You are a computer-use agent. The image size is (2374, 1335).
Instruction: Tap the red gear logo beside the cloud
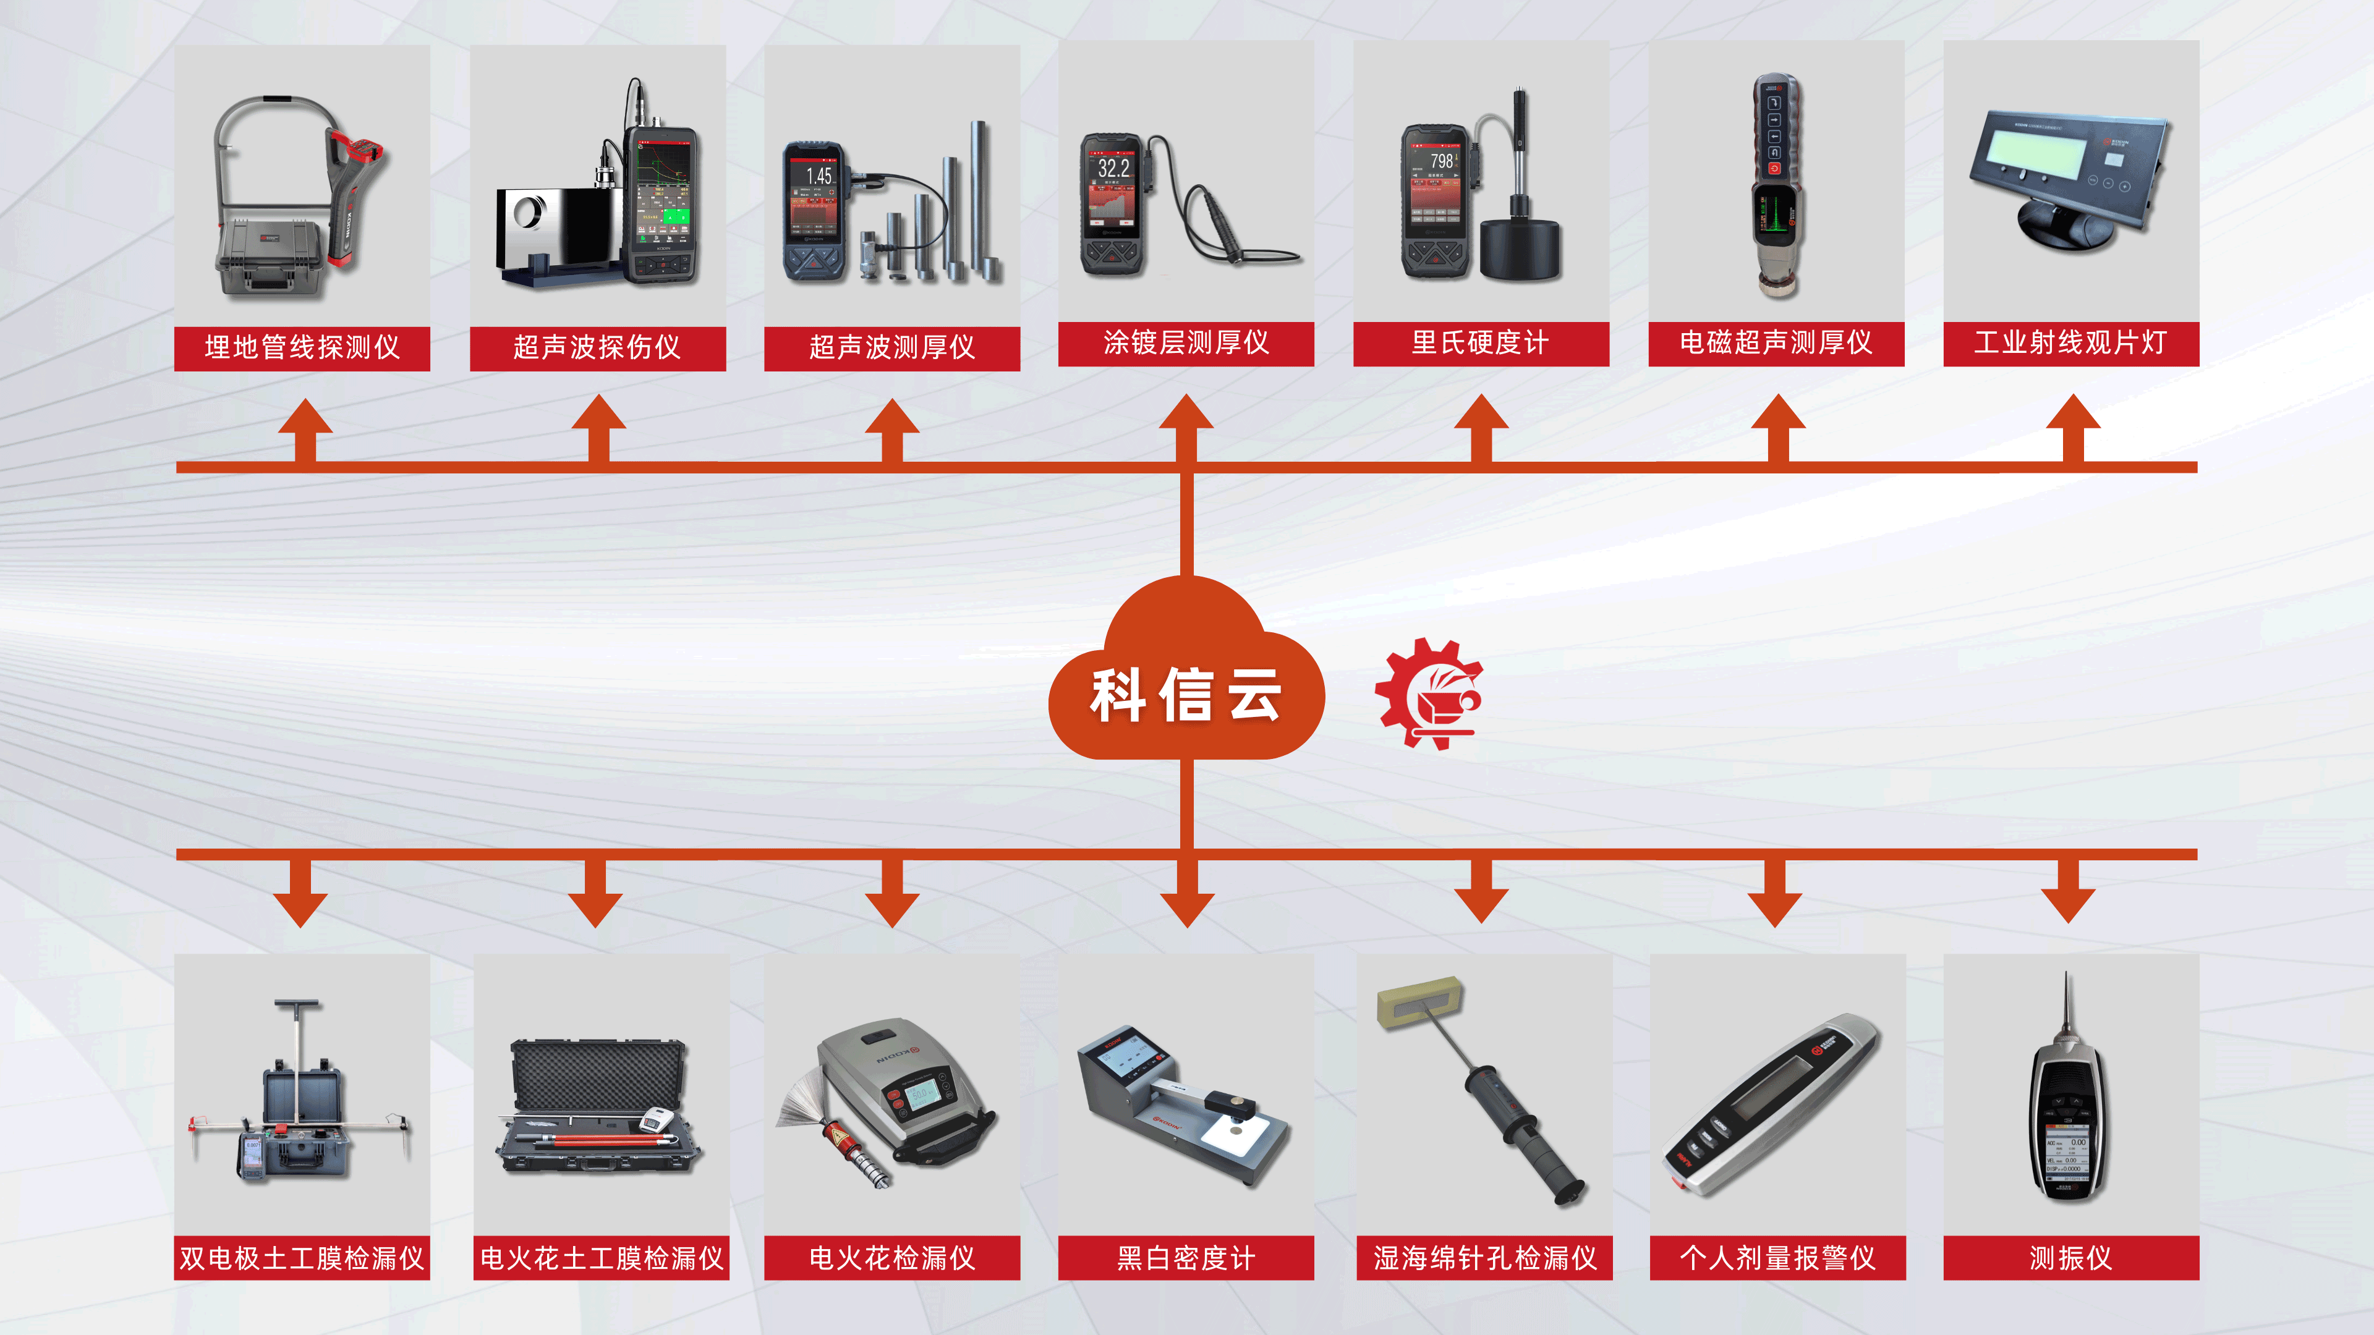point(1427,693)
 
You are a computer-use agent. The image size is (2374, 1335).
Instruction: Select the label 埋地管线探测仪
point(302,347)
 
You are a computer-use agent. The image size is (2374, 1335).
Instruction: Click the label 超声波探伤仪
point(597,347)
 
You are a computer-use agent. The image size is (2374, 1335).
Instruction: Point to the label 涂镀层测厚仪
point(1186,343)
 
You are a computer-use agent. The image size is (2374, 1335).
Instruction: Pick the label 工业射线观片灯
point(2071,343)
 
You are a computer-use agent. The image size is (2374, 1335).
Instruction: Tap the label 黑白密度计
point(1186,1258)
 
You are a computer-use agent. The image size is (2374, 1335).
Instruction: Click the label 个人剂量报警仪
point(1777,1258)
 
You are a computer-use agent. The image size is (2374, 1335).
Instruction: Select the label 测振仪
point(2071,1258)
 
